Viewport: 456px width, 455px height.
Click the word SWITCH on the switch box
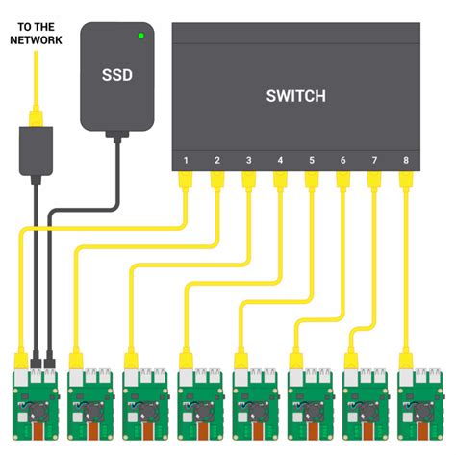(295, 96)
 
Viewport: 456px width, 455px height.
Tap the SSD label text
(118, 74)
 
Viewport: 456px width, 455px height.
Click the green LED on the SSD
(141, 37)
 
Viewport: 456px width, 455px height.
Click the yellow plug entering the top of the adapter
(35, 119)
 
